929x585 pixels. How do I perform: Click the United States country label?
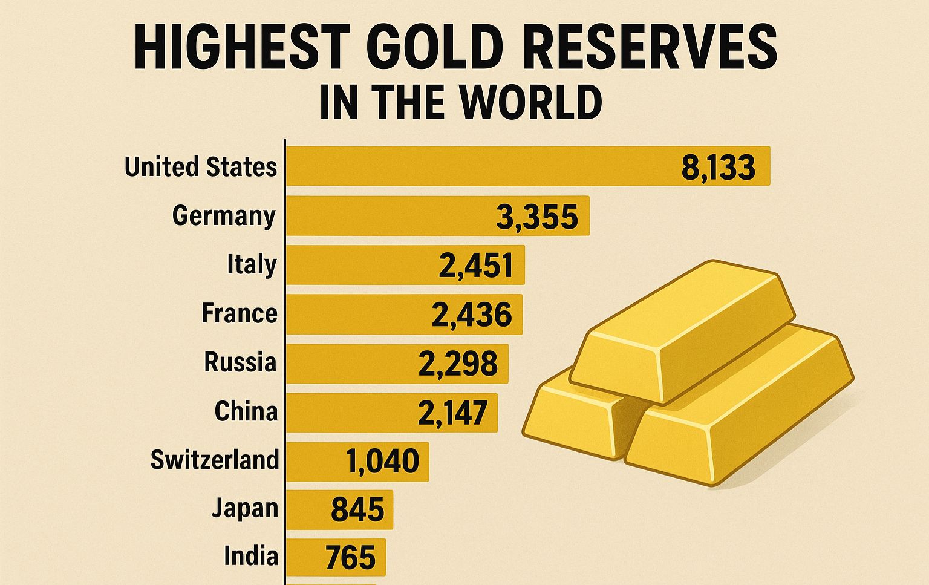click(x=201, y=166)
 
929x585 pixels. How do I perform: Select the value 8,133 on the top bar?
click(x=718, y=167)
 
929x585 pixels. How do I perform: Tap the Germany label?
click(x=224, y=216)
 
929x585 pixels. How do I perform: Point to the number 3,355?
click(x=536, y=217)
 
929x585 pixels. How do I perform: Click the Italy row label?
click(x=252, y=265)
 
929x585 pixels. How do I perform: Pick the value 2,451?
click(x=476, y=266)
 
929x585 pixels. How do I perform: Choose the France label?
click(x=240, y=313)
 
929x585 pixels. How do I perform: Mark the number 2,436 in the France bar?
click(x=472, y=315)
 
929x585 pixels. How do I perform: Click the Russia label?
click(x=240, y=362)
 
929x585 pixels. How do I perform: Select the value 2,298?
click(x=458, y=364)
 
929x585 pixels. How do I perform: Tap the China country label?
click(x=246, y=411)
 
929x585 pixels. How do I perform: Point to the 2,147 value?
click(x=452, y=413)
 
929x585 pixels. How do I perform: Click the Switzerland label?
click(x=215, y=460)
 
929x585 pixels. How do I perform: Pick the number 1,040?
click(x=382, y=462)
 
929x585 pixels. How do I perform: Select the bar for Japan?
click(x=339, y=509)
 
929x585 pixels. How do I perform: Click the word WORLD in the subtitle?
click(x=530, y=102)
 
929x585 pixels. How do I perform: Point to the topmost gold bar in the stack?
click(x=683, y=330)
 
